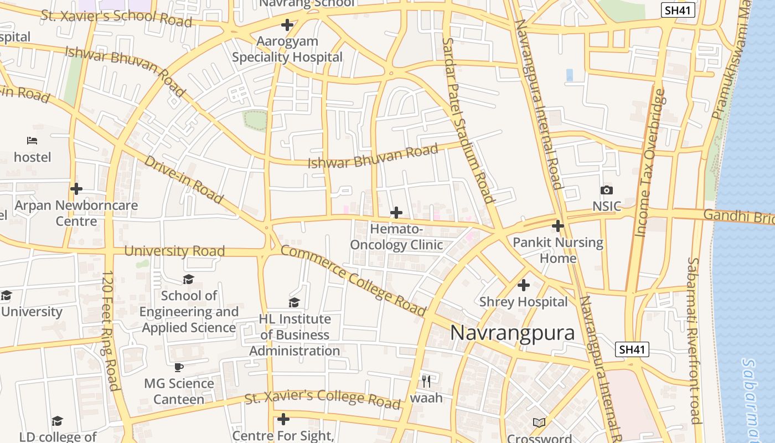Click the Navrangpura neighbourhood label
(x=512, y=333)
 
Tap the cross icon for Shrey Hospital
(x=523, y=286)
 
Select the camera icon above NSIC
(x=607, y=190)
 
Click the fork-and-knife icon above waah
(x=426, y=381)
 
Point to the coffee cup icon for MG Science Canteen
(x=179, y=367)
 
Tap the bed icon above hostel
(x=32, y=141)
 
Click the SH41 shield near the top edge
(x=678, y=9)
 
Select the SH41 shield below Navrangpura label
(x=632, y=349)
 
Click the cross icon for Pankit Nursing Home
(x=558, y=226)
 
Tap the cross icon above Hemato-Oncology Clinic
(x=396, y=213)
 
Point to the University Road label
(x=174, y=251)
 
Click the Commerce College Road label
(x=353, y=280)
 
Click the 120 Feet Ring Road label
(x=111, y=331)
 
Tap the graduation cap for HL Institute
(x=294, y=302)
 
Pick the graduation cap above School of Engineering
(x=189, y=279)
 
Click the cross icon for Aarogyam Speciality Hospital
(x=287, y=25)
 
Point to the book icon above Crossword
(x=539, y=423)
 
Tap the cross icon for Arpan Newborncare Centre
(x=76, y=189)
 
